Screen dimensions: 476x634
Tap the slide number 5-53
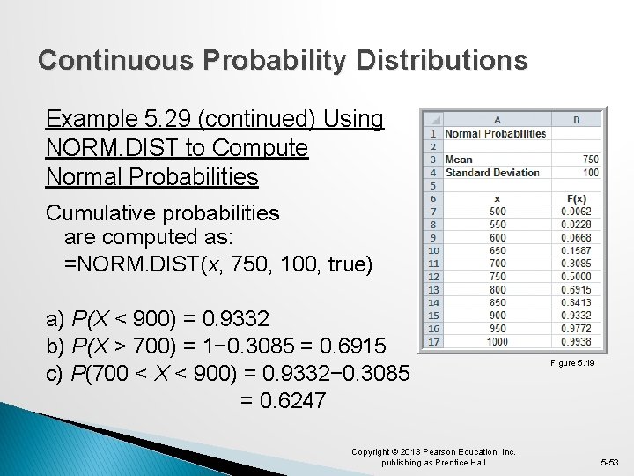coord(608,462)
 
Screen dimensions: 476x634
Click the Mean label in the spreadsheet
coord(459,160)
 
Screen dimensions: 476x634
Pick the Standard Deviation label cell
coord(492,173)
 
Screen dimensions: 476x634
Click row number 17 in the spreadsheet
coord(432,341)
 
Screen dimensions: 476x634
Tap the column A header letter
coord(498,120)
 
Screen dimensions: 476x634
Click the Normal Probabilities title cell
coord(495,134)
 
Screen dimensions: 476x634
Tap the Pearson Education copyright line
coord(433,452)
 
